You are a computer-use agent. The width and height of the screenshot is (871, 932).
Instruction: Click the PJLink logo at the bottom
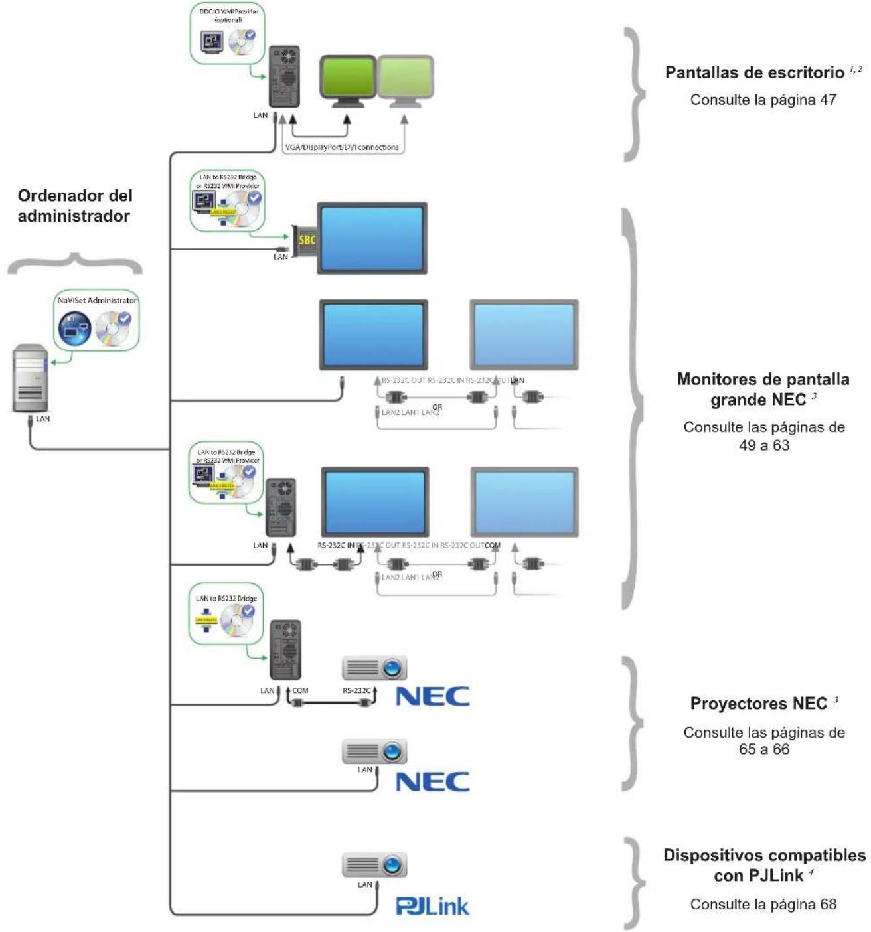(432, 906)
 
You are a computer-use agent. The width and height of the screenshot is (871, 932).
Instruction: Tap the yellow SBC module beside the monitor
(306, 240)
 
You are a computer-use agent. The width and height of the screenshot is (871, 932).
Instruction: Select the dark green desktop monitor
(348, 78)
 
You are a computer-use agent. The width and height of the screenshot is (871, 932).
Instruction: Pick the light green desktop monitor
(406, 78)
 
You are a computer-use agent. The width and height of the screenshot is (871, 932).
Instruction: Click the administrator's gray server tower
(31, 378)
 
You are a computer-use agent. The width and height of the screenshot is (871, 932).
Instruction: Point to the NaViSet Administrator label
(97, 301)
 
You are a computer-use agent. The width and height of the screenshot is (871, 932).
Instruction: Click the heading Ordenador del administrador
(74, 206)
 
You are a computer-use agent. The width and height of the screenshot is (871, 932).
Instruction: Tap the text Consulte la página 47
(763, 100)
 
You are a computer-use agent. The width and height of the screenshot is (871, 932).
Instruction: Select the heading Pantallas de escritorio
(755, 72)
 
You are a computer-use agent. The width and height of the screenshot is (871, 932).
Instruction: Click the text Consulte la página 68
(763, 904)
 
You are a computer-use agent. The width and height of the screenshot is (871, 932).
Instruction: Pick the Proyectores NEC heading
(758, 704)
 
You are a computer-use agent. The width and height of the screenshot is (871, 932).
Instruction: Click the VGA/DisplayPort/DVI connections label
(342, 147)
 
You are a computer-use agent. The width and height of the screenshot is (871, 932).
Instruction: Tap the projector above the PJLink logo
(374, 865)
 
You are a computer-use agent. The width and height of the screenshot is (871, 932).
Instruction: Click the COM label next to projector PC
(300, 691)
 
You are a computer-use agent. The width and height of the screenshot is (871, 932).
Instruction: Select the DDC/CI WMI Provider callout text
(228, 15)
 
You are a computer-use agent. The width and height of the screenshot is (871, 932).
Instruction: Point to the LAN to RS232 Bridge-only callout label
(226, 599)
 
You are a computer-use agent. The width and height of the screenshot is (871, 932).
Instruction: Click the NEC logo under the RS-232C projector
(432, 696)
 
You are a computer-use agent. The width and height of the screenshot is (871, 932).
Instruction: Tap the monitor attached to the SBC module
(372, 238)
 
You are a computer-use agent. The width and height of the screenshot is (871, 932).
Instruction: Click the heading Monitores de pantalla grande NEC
(763, 390)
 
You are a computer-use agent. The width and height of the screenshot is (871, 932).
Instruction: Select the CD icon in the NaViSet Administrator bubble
(112, 329)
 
